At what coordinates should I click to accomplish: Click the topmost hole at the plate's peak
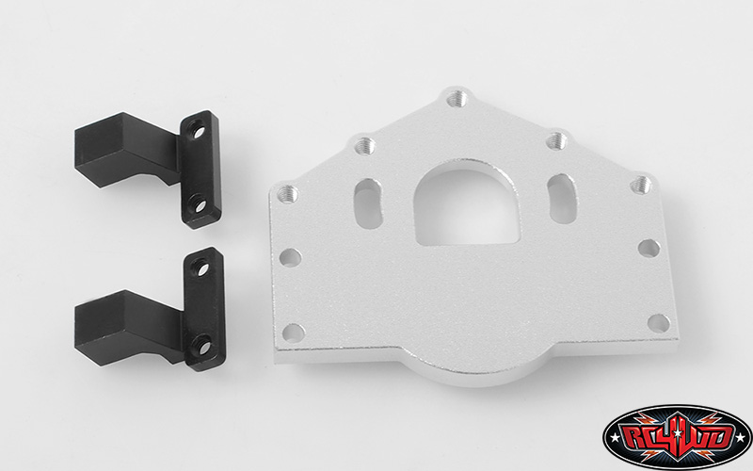(x=457, y=98)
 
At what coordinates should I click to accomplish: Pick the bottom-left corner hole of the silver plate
(x=294, y=332)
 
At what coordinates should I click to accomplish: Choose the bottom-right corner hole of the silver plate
(x=659, y=322)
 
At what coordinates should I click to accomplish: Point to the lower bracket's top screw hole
(x=200, y=269)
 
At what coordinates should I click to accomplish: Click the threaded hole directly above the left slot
(x=365, y=145)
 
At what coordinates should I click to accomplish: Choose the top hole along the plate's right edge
(x=641, y=184)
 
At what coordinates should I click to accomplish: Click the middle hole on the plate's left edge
(x=291, y=256)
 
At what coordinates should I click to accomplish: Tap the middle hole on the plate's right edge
(x=649, y=248)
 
